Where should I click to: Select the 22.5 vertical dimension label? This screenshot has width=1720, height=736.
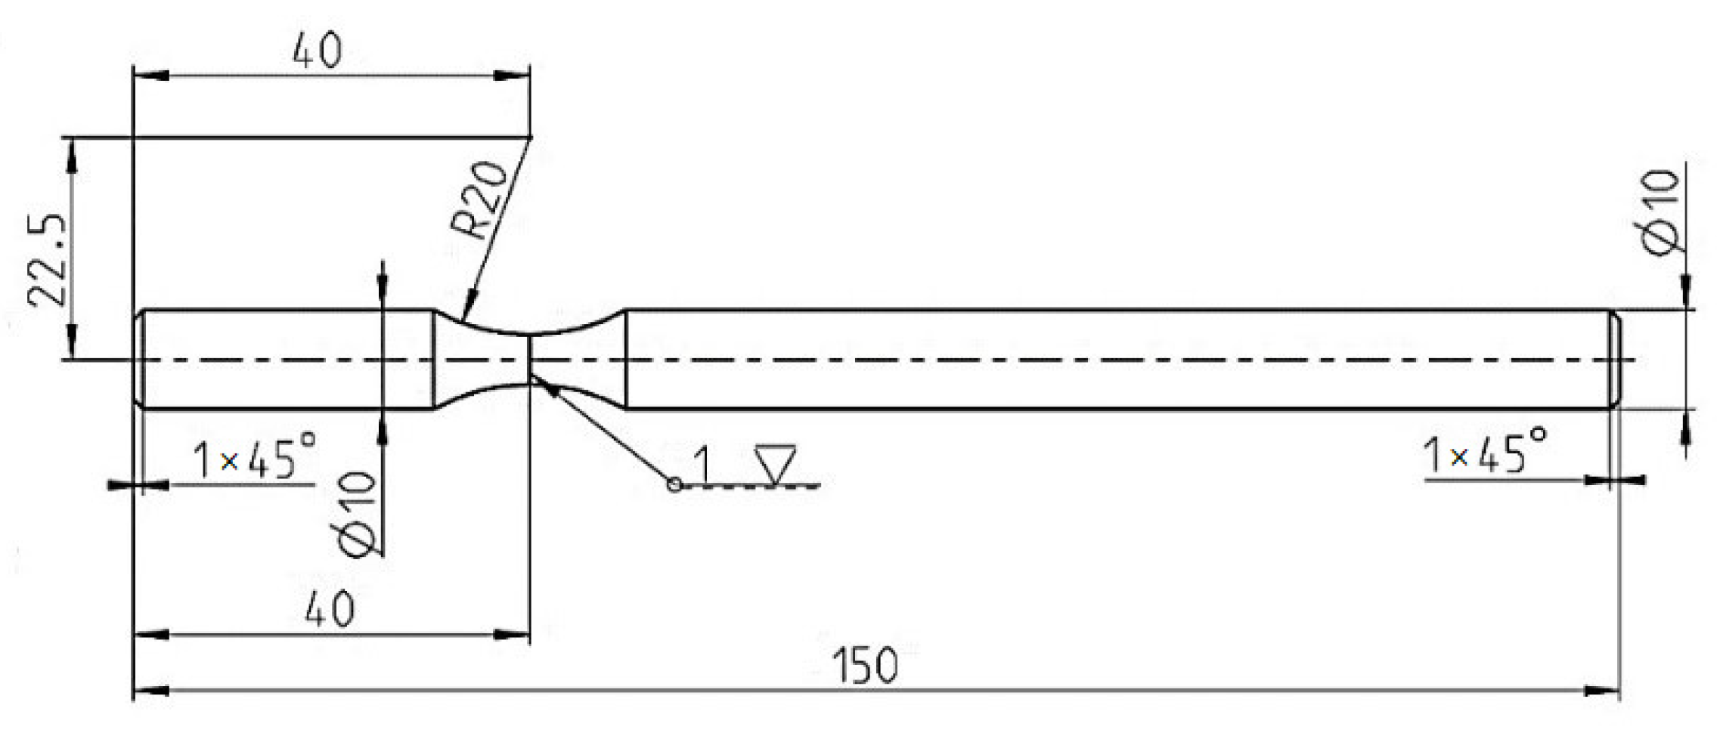pos(47,261)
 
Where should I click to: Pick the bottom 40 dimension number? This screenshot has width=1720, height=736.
pos(330,608)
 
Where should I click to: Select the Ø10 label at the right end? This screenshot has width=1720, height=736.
pos(1662,214)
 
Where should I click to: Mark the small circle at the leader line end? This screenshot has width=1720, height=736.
pos(674,485)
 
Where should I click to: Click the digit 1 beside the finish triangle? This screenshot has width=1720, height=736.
pos(702,465)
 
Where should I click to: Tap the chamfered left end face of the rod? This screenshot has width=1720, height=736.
pos(139,360)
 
